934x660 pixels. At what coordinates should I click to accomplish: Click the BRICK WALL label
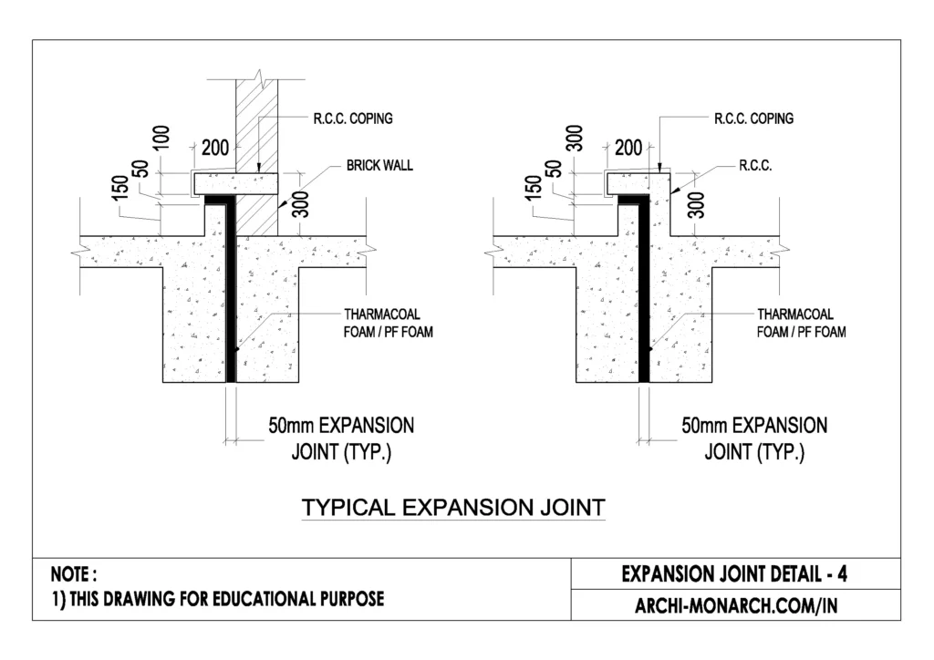(379, 166)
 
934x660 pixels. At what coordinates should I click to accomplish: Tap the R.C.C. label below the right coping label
(755, 167)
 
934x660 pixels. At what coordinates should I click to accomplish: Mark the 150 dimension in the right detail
(534, 186)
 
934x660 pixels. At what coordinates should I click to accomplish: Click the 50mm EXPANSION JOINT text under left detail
(340, 438)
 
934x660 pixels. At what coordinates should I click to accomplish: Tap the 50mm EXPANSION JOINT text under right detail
(754, 438)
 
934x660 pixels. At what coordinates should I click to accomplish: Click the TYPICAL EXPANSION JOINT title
(452, 508)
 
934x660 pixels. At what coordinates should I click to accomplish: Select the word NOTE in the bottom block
(73, 575)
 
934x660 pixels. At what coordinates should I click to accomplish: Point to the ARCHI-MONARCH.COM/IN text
(735, 605)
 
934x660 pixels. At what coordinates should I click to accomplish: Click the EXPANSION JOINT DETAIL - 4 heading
(735, 574)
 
